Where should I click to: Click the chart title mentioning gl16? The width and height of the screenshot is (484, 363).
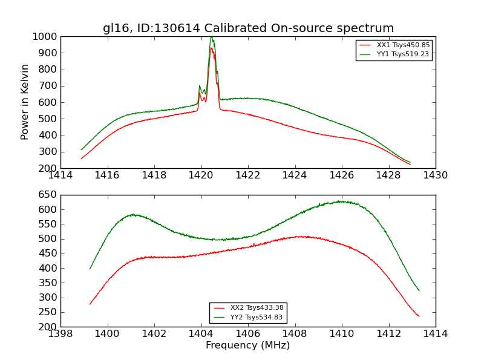(x=248, y=28)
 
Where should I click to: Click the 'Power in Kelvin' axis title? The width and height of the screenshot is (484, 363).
(x=25, y=102)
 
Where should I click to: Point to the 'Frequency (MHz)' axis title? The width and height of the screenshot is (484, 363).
(x=248, y=345)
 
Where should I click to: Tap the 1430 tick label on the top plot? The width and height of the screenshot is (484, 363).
(x=436, y=175)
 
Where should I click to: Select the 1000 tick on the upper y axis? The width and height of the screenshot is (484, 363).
(x=46, y=36)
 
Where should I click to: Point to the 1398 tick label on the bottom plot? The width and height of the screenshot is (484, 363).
(x=61, y=334)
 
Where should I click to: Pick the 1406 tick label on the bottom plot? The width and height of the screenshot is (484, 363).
(x=248, y=334)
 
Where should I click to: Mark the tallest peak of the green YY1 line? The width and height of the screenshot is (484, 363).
(x=211, y=37)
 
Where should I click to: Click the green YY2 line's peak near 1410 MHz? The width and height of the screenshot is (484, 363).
(x=342, y=201)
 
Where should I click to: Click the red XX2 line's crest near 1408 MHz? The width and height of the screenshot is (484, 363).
(x=304, y=237)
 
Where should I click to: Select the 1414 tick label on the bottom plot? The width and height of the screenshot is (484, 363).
(x=436, y=334)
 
